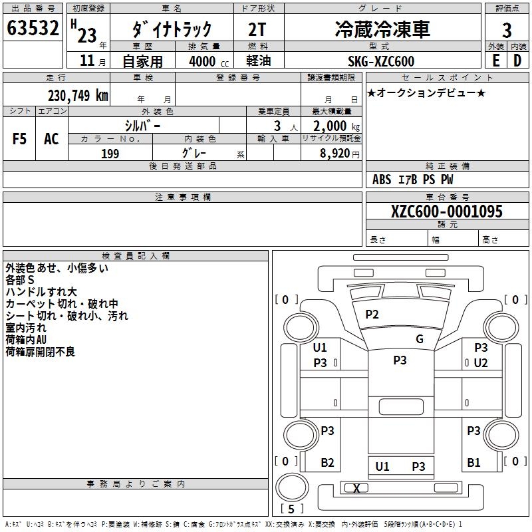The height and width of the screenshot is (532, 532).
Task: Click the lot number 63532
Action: [x=33, y=29]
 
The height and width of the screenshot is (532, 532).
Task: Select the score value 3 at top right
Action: [x=507, y=30]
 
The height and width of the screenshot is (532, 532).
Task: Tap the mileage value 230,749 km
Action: [x=78, y=95]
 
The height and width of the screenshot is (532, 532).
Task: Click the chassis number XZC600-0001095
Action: [x=447, y=211]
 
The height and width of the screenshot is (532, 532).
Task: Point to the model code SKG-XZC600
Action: [x=381, y=61]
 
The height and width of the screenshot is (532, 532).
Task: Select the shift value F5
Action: [x=19, y=139]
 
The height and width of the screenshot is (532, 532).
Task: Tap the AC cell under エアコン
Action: [x=51, y=139]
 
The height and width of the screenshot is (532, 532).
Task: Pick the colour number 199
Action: [x=110, y=154]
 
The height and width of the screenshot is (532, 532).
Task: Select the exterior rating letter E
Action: [x=495, y=61]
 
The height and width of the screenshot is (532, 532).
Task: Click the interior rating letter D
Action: [x=518, y=61]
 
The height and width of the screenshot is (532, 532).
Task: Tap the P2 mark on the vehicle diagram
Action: [x=372, y=315]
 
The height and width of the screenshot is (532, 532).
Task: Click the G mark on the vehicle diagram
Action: [x=420, y=339]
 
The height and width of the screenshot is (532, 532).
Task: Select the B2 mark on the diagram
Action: [x=327, y=463]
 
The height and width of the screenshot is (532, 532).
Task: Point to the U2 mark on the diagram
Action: [x=481, y=362]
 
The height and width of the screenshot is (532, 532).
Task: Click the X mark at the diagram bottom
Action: [x=357, y=488]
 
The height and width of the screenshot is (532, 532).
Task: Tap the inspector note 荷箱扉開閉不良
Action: [x=40, y=352]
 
